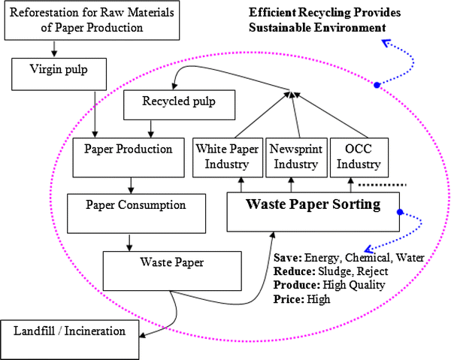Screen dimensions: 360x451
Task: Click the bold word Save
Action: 287,258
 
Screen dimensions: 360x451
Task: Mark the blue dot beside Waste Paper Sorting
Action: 401,212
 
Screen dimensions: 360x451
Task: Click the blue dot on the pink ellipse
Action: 377,86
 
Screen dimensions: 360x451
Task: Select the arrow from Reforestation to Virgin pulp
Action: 54,49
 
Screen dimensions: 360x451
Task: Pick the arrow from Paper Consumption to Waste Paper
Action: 129,241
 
